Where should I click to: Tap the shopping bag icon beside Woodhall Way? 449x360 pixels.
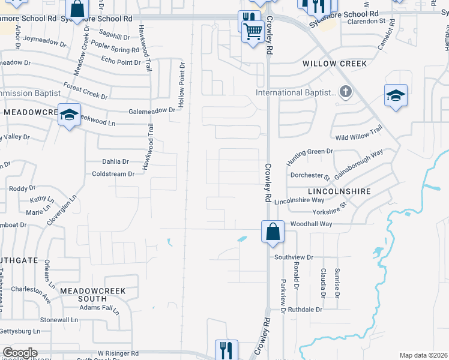pos(273,232)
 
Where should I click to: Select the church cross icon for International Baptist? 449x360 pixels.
pos(345,92)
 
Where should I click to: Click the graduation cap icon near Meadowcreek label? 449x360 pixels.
pos(70,114)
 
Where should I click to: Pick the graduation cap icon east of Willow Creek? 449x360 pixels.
pos(396,96)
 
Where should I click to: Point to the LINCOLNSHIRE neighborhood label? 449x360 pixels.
pos(338,191)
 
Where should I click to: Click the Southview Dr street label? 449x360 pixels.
pos(294,257)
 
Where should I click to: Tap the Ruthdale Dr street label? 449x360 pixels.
pos(306,310)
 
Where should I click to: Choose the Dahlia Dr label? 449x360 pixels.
pos(115,161)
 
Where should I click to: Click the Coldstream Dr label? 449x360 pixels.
pos(113,174)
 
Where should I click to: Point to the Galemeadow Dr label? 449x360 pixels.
pos(152,110)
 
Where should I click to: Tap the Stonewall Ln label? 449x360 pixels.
pos(59,320)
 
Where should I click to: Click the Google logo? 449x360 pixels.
pos(20,353)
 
